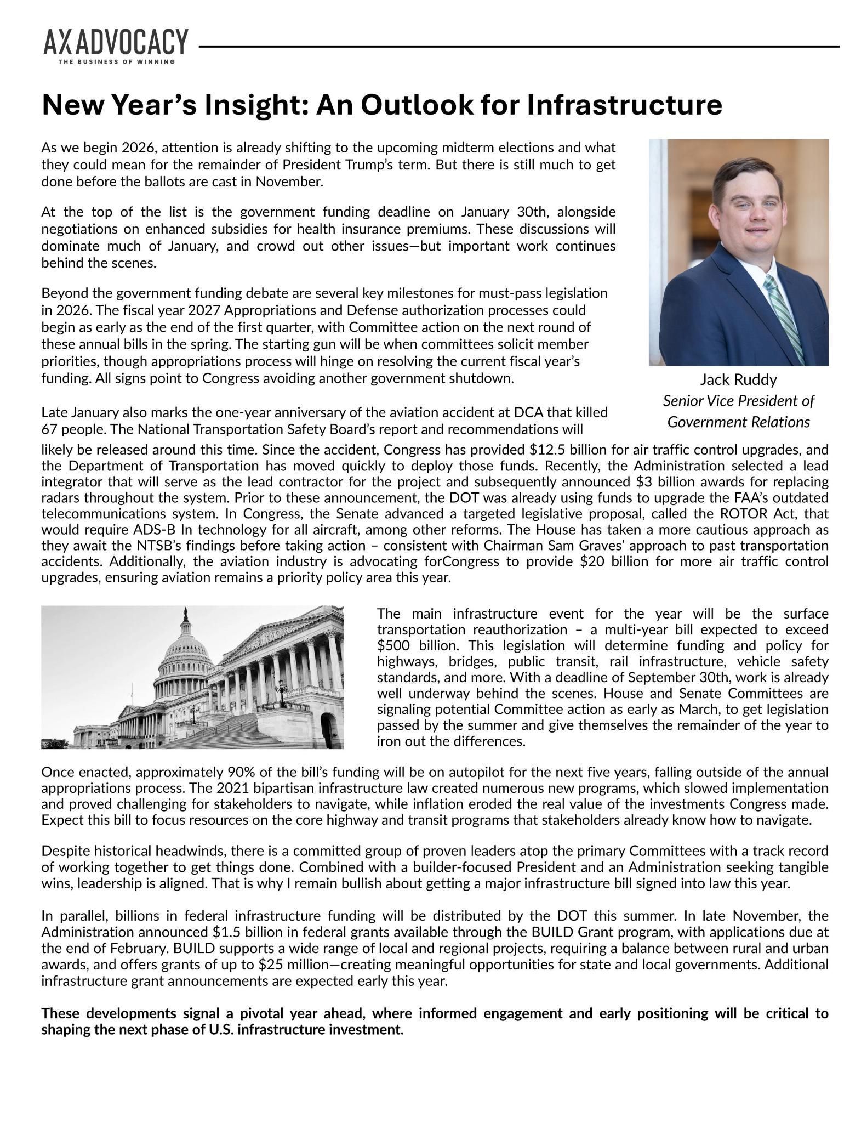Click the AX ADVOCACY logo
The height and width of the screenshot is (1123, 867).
click(116, 43)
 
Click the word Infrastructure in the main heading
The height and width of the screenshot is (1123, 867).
click(624, 105)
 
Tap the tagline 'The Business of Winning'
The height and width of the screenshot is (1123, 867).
click(117, 61)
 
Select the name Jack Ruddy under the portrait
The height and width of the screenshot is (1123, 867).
click(738, 379)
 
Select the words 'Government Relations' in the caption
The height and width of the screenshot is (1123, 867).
click(738, 422)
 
